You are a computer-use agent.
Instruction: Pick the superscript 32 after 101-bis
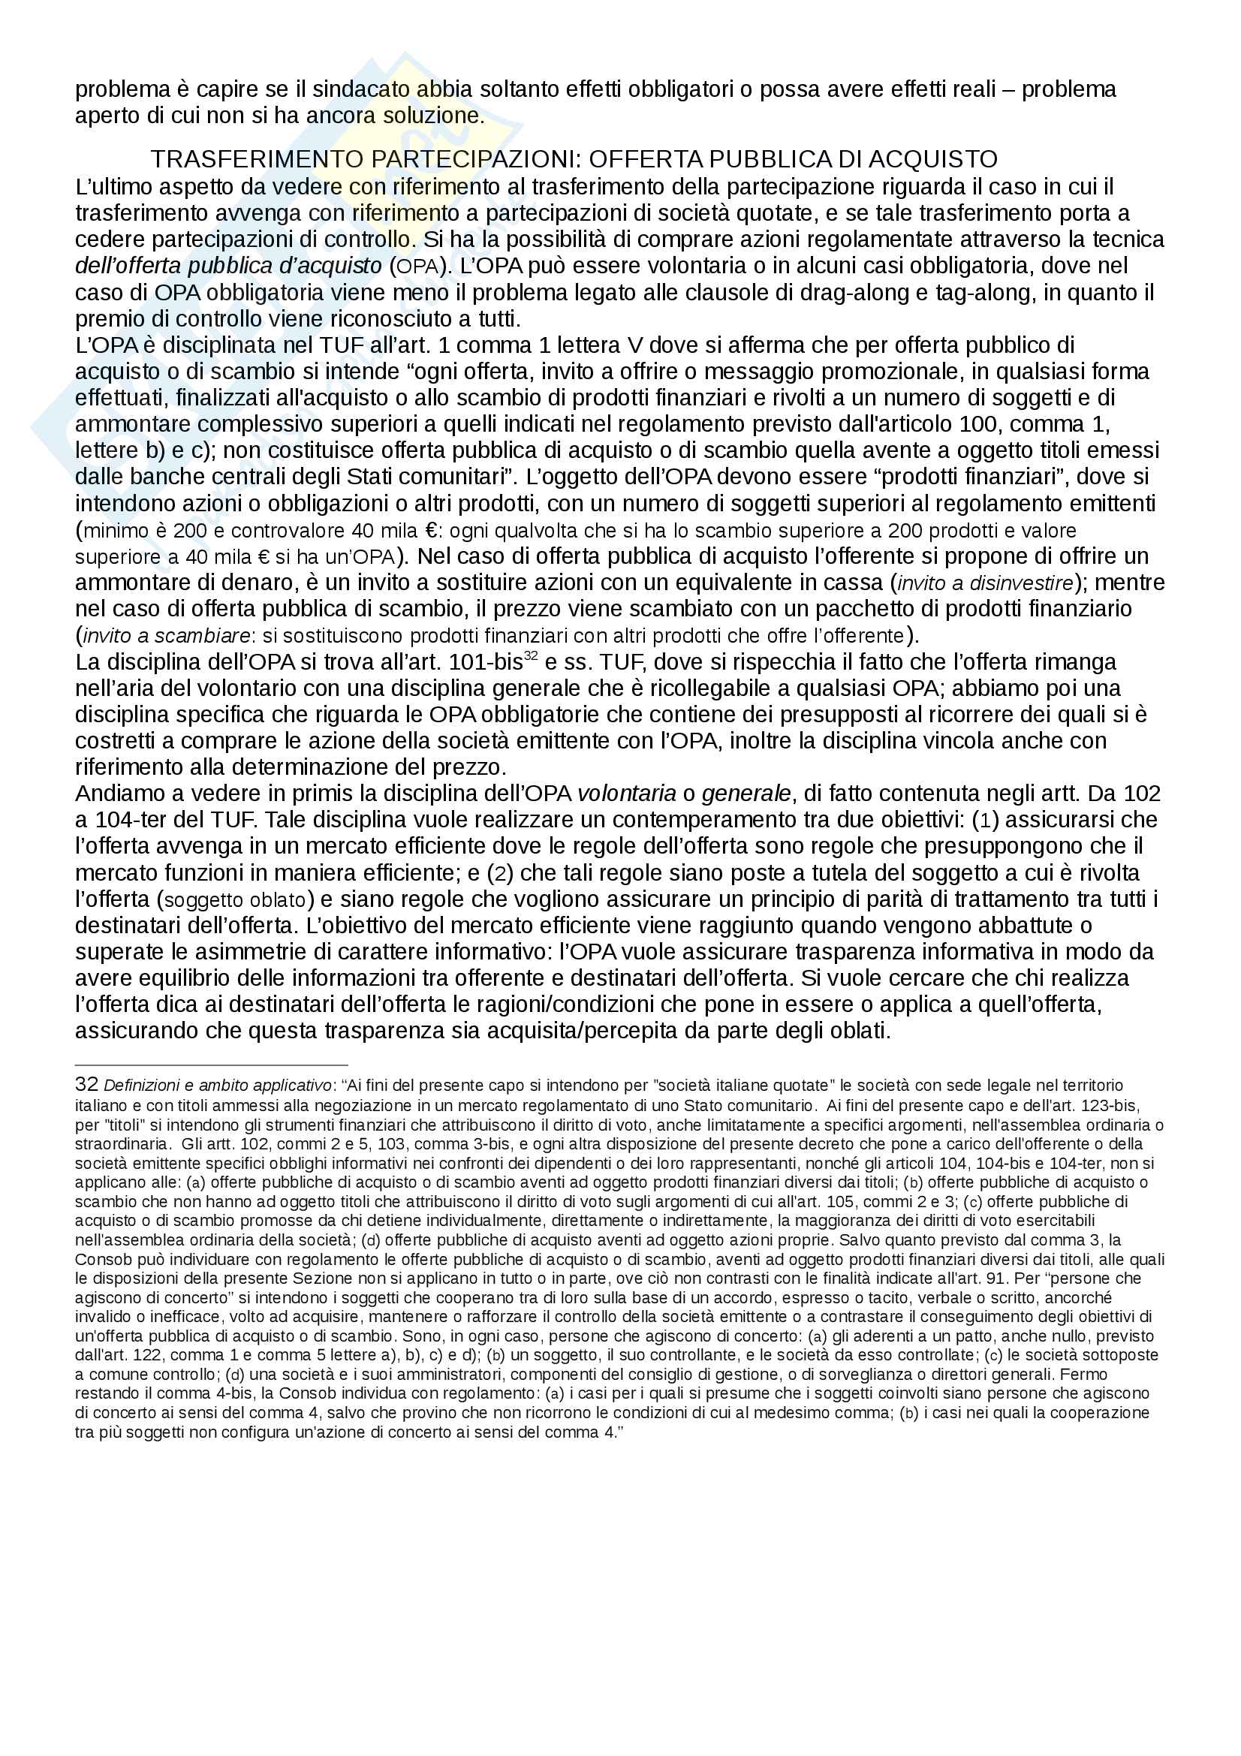click(x=531, y=655)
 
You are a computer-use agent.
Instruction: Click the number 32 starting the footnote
click(x=86, y=1085)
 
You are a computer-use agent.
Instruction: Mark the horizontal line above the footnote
click(x=211, y=1065)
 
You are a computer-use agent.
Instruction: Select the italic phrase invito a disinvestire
click(x=986, y=583)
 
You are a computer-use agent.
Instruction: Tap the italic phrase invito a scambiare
click(x=166, y=636)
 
